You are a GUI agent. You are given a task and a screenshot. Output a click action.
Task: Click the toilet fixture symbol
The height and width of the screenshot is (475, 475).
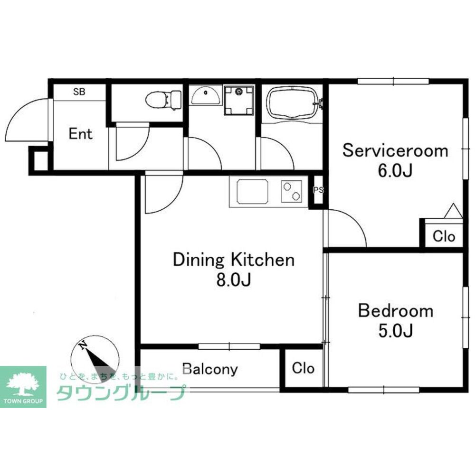(163, 100)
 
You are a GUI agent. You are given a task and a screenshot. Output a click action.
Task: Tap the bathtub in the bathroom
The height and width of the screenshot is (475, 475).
(292, 102)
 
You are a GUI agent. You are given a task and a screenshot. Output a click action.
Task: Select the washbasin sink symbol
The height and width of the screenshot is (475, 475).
(206, 95)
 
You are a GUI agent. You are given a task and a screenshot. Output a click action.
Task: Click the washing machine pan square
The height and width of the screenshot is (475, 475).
(239, 100)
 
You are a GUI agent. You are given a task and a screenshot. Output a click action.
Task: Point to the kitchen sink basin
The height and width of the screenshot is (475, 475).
(252, 191)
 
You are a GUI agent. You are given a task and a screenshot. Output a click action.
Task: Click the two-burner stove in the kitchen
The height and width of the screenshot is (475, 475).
(292, 191)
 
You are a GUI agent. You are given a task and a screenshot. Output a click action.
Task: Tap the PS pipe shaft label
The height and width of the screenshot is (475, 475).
(318, 190)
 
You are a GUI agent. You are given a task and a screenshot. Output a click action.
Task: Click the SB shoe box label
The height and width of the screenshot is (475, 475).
(79, 92)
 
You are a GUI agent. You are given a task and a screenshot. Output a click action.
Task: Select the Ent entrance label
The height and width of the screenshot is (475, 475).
(80, 134)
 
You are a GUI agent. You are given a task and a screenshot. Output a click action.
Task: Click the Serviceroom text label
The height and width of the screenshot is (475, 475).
(395, 150)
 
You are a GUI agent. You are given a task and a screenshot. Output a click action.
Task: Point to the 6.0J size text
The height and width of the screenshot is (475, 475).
(395, 171)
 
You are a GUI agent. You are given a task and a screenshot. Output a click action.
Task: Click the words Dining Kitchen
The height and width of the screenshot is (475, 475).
(234, 260)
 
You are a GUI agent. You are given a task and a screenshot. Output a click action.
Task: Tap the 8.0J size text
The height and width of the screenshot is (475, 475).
(234, 280)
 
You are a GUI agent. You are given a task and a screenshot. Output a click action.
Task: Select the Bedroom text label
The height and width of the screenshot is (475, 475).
(396, 311)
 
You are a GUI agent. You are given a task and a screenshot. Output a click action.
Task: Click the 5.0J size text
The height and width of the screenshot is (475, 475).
(396, 330)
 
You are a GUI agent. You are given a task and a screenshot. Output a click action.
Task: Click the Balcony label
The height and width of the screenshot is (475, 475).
(210, 369)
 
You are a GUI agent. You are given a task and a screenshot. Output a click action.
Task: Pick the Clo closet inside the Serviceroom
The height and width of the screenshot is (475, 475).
(444, 236)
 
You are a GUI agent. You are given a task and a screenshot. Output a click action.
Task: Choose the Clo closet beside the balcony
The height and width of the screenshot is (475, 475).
(303, 368)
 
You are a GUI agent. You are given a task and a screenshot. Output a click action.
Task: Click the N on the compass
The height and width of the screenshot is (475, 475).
(83, 345)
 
